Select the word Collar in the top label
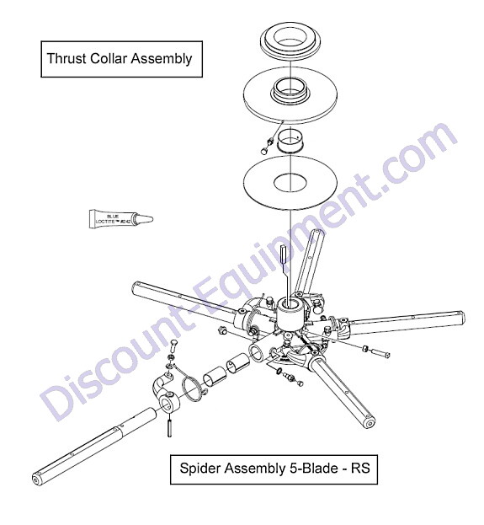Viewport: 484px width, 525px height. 109,59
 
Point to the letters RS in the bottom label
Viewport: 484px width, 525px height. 360,468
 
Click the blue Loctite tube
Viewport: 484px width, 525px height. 120,219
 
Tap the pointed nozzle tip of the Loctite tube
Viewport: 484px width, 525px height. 152,219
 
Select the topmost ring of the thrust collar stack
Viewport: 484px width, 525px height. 290,41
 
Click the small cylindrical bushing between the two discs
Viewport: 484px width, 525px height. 290,141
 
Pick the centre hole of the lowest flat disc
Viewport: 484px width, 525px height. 290,184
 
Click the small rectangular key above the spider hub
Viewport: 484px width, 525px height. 283,254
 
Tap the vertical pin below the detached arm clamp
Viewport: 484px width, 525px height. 169,426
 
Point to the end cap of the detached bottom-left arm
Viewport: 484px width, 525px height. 36,480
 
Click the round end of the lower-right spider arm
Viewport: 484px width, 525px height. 370,424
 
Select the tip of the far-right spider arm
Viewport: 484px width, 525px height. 461,319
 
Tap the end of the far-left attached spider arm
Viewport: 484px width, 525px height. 136,287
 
